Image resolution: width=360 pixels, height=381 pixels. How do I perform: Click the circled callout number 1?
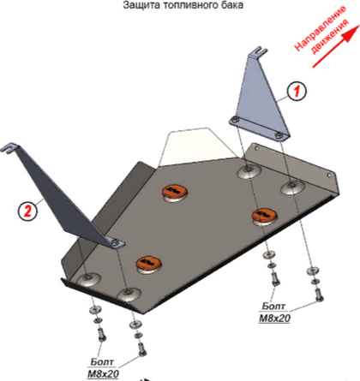pos(297,92)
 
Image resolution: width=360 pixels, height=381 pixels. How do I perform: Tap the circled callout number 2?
pos(27,211)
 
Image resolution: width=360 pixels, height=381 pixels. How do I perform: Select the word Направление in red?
pos(321,28)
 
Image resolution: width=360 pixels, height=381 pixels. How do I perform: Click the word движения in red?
pos(330,37)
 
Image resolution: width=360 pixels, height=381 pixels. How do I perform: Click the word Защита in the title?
pos(141,5)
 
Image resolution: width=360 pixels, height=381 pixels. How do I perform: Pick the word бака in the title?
pos(234,5)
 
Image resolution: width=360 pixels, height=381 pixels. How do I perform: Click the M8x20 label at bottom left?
pos(103,373)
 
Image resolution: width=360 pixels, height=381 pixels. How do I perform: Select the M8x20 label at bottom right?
pos(274,318)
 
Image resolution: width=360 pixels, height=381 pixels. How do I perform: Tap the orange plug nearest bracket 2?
pos(148,263)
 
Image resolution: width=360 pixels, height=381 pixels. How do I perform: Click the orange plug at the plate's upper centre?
pos(174,192)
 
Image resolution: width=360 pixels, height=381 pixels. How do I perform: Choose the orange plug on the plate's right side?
pos(264,215)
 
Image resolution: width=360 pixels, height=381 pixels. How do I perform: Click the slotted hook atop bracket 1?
pos(259,52)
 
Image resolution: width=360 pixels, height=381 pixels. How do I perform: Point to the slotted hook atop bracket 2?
pos(10,148)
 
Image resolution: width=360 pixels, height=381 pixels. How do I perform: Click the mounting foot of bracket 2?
pos(115,243)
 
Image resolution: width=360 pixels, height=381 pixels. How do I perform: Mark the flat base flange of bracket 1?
pos(259,128)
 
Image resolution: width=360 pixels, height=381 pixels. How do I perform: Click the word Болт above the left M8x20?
pos(102,362)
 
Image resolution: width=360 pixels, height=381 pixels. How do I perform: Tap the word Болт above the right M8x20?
pos(273,307)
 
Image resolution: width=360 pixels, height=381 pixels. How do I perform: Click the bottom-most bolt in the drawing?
pos(142,348)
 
